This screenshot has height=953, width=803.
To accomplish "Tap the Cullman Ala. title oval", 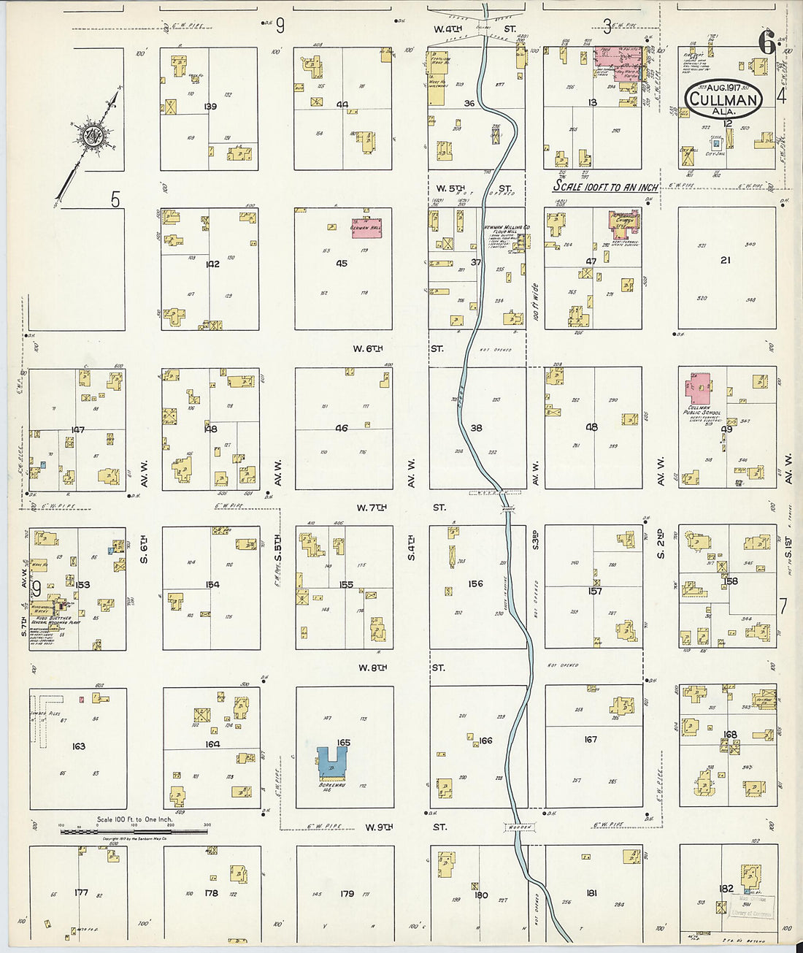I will click(723, 99).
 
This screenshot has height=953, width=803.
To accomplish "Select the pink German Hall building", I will click(366, 227).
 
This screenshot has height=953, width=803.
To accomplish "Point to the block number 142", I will click(212, 264).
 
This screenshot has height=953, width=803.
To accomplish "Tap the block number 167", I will click(591, 740).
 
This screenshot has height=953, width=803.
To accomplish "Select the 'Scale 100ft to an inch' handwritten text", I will click(605, 187).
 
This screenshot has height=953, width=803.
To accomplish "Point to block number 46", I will click(342, 428).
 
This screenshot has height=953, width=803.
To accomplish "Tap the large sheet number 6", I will click(766, 44).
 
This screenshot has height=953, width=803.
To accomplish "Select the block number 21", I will click(725, 260).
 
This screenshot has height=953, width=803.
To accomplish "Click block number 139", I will click(210, 107).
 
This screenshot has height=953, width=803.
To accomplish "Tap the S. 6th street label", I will click(144, 549).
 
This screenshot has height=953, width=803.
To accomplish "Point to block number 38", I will click(476, 428).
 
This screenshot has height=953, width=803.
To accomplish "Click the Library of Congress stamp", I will click(746, 906).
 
